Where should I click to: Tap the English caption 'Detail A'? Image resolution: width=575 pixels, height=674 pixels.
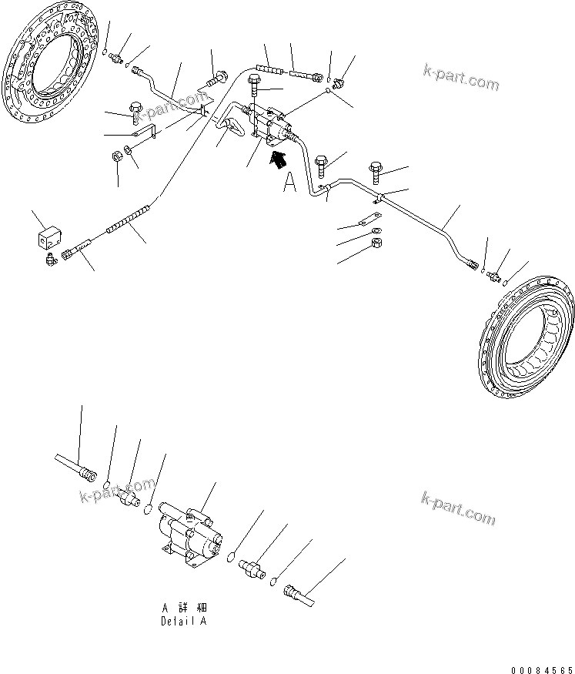(183, 621)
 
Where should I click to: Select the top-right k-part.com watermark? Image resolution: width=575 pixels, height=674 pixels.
(460, 78)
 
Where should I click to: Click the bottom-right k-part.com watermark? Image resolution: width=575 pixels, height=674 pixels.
(460, 507)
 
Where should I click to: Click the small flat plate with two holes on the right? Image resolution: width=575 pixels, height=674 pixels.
(371, 219)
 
